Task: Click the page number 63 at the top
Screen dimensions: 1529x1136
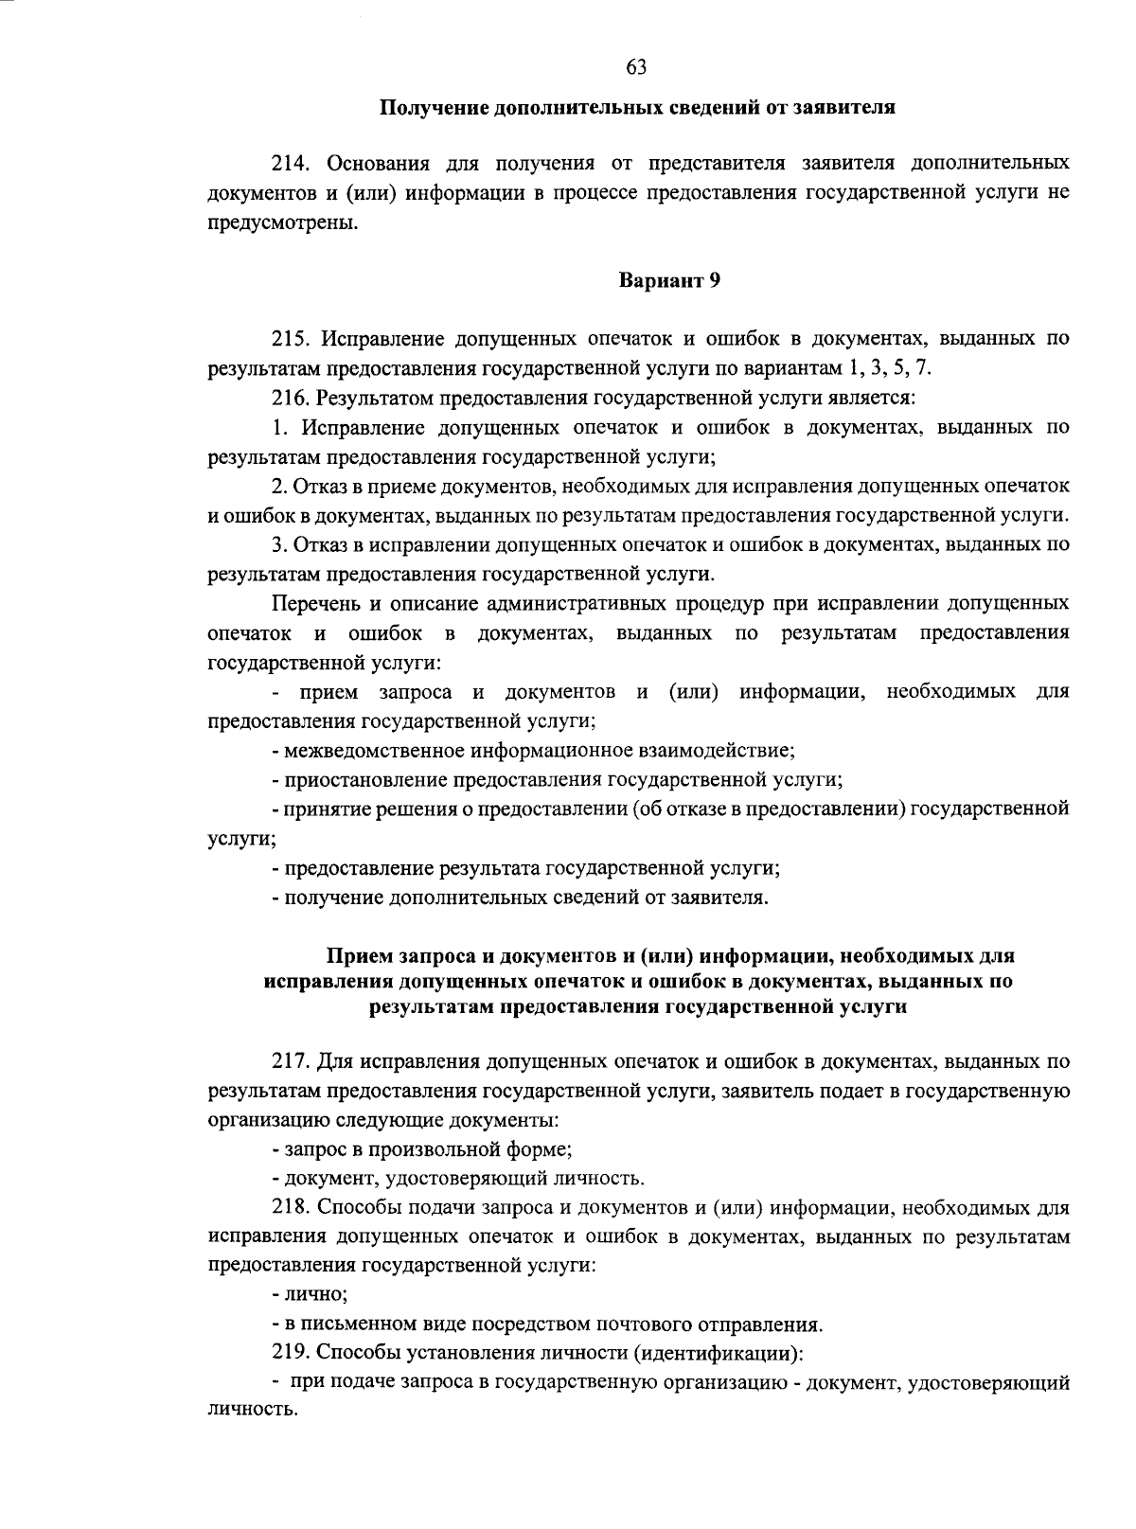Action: (636, 65)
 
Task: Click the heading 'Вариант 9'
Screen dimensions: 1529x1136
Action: (670, 280)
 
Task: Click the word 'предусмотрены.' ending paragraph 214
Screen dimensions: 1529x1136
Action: (284, 223)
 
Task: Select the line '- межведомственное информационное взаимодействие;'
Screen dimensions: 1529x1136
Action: (533, 751)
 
